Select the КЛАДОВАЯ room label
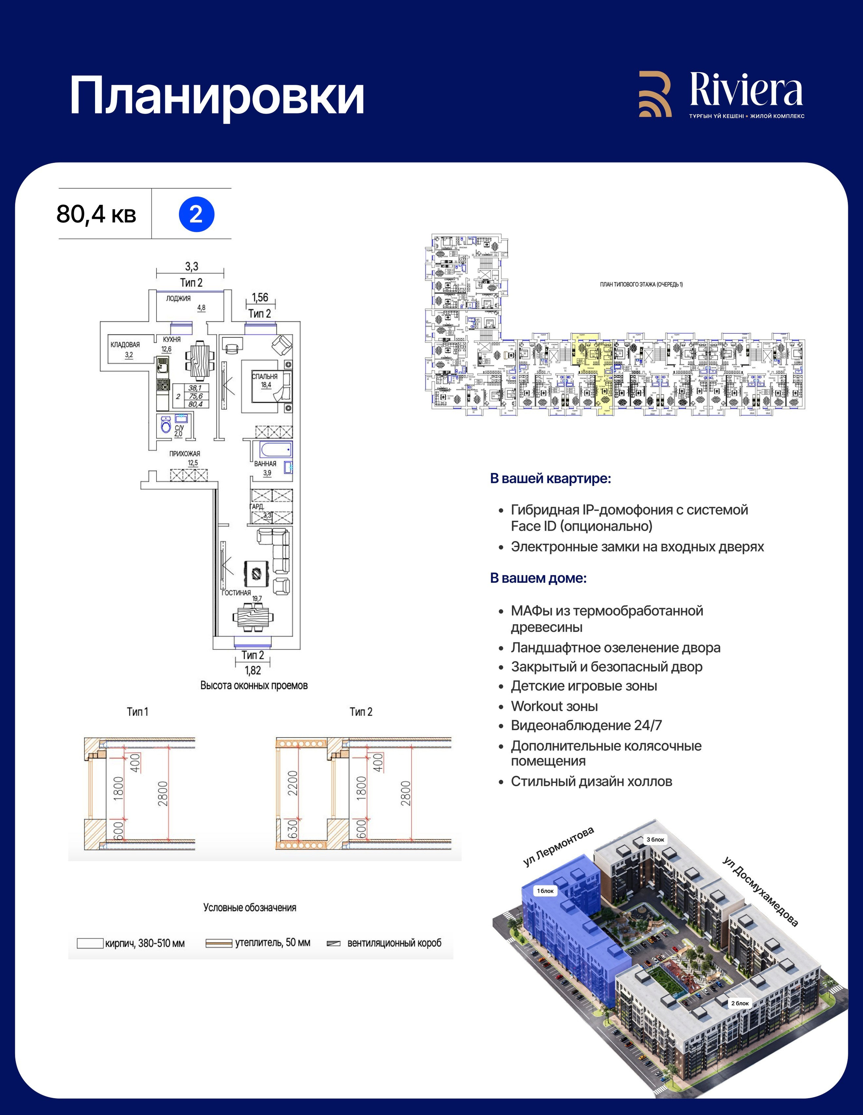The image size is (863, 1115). [x=125, y=345]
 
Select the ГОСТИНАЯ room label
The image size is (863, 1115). [x=236, y=593]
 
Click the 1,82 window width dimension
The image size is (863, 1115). [x=252, y=670]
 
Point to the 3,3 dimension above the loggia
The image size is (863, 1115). [x=191, y=266]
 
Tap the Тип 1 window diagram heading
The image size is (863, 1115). [x=138, y=712]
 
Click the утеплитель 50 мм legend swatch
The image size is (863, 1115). [x=219, y=943]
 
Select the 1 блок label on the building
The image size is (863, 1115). [x=545, y=891]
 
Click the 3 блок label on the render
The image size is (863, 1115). [x=656, y=839]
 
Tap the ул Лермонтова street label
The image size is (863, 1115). [x=559, y=847]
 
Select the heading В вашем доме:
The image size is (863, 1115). [x=538, y=578]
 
